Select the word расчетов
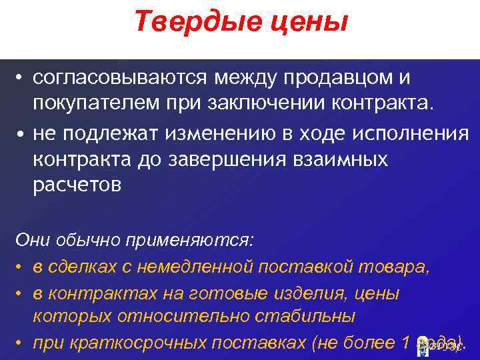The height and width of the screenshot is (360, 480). point(77,186)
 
